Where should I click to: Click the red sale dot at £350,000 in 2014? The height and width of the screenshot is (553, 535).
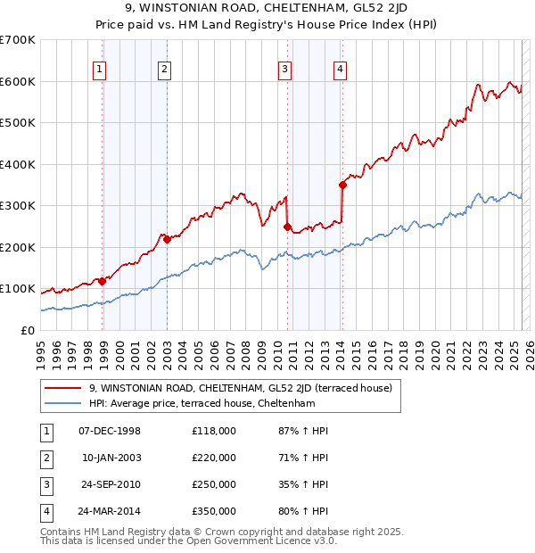[x=342, y=186]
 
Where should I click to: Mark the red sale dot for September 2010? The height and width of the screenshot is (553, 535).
[x=287, y=227]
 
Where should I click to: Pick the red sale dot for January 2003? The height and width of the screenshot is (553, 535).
[x=167, y=239]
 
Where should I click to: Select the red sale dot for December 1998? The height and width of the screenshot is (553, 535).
[x=103, y=281]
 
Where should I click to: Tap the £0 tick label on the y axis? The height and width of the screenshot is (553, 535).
[x=27, y=330]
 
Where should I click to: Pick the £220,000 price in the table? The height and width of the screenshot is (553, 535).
[x=213, y=458]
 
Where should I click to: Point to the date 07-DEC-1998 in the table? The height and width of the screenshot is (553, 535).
[x=110, y=431]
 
